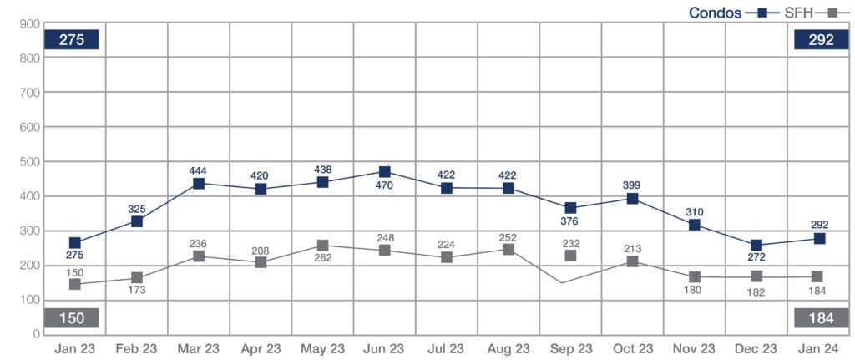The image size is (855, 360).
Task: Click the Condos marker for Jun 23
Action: pos(384,172)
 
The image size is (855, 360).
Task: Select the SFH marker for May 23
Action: pos(322,246)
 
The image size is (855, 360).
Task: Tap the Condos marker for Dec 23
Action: pos(756,246)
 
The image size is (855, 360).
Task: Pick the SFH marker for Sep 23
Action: pos(570,255)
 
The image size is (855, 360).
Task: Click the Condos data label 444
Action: pos(199,170)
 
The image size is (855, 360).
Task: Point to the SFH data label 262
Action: pos(322,258)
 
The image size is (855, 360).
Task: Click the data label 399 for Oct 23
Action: pos(632,185)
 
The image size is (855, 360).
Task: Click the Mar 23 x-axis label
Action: pos(199,348)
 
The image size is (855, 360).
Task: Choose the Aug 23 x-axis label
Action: pos(508,348)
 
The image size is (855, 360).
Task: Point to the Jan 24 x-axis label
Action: pos(818,348)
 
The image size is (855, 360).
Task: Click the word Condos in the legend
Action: pos(715,13)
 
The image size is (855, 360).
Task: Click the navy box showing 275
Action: pos(72,39)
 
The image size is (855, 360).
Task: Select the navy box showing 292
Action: pos(817,39)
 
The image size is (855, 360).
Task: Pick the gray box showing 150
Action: pos(72,318)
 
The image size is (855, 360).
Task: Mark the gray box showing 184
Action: pos(817,318)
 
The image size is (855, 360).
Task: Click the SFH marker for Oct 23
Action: pos(632,261)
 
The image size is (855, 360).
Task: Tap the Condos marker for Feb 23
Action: pos(137,221)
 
